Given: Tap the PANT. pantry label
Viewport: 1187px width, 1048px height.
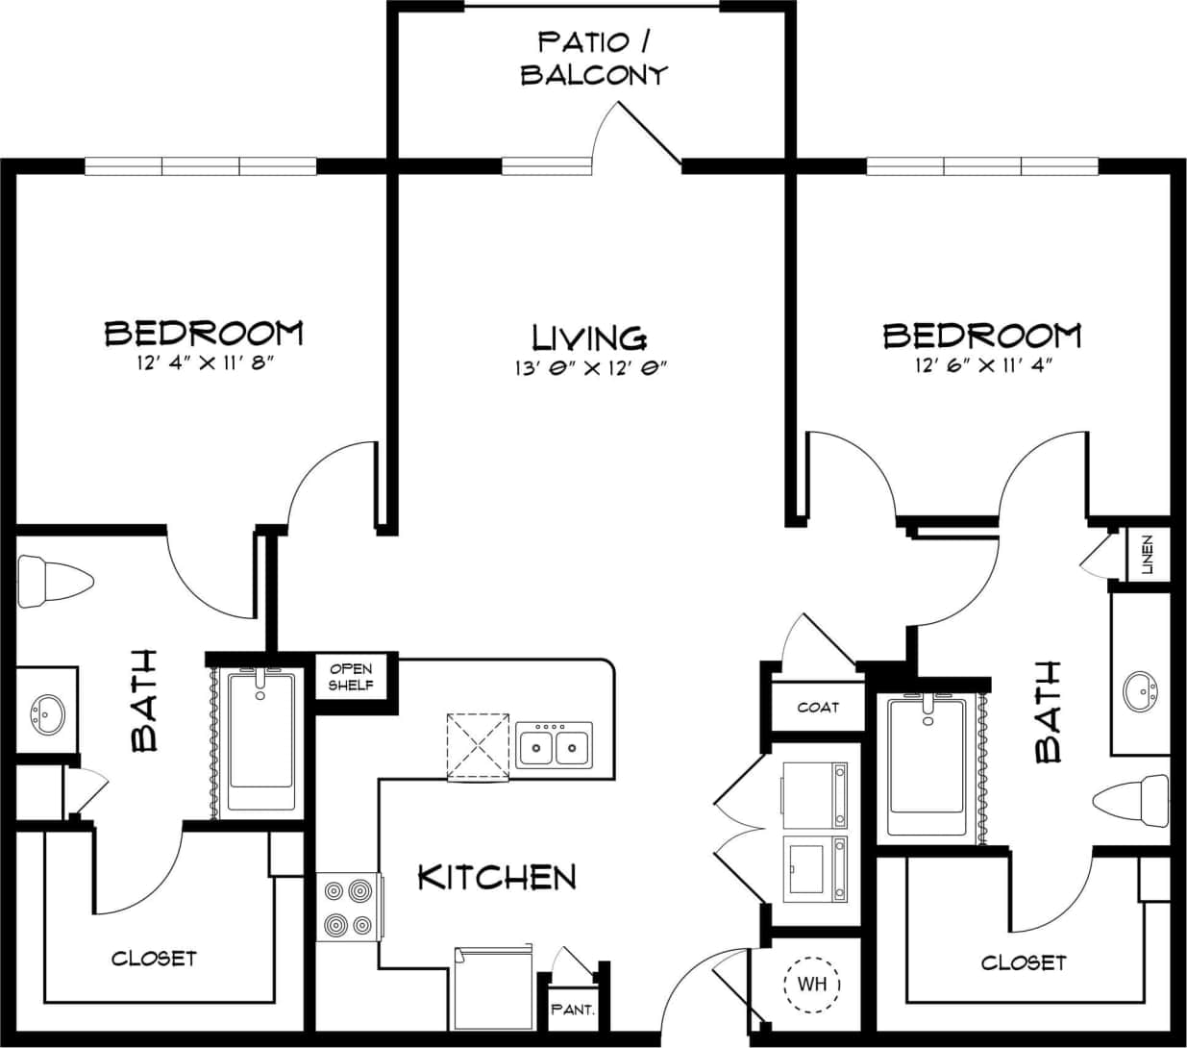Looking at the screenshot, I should pos(573,1011).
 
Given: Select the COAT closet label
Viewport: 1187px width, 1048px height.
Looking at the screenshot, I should pos(818,708).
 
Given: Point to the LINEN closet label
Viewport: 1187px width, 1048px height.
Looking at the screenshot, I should pos(1147,555).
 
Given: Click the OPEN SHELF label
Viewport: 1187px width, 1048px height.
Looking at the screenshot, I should pos(351,677).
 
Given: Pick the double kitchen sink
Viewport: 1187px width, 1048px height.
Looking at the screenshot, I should pos(555,745).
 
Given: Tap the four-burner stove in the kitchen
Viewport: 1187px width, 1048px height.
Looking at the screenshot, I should pos(348,908).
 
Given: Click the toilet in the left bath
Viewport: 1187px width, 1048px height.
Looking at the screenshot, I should pos(53,581).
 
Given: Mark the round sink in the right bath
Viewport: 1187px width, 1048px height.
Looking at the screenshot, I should pos(1142,690).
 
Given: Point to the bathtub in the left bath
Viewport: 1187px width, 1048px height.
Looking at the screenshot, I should pos(261,742).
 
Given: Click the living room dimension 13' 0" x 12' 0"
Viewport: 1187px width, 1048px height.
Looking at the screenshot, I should pos(590,367).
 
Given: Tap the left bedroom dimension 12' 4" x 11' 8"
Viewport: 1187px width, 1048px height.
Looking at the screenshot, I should pos(203,364).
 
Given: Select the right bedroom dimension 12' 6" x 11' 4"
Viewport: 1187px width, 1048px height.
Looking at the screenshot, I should pos(980,364).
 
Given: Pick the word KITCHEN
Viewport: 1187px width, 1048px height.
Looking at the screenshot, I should pos(497,877).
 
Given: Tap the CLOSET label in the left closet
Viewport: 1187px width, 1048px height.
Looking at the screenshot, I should pos(154,958).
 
